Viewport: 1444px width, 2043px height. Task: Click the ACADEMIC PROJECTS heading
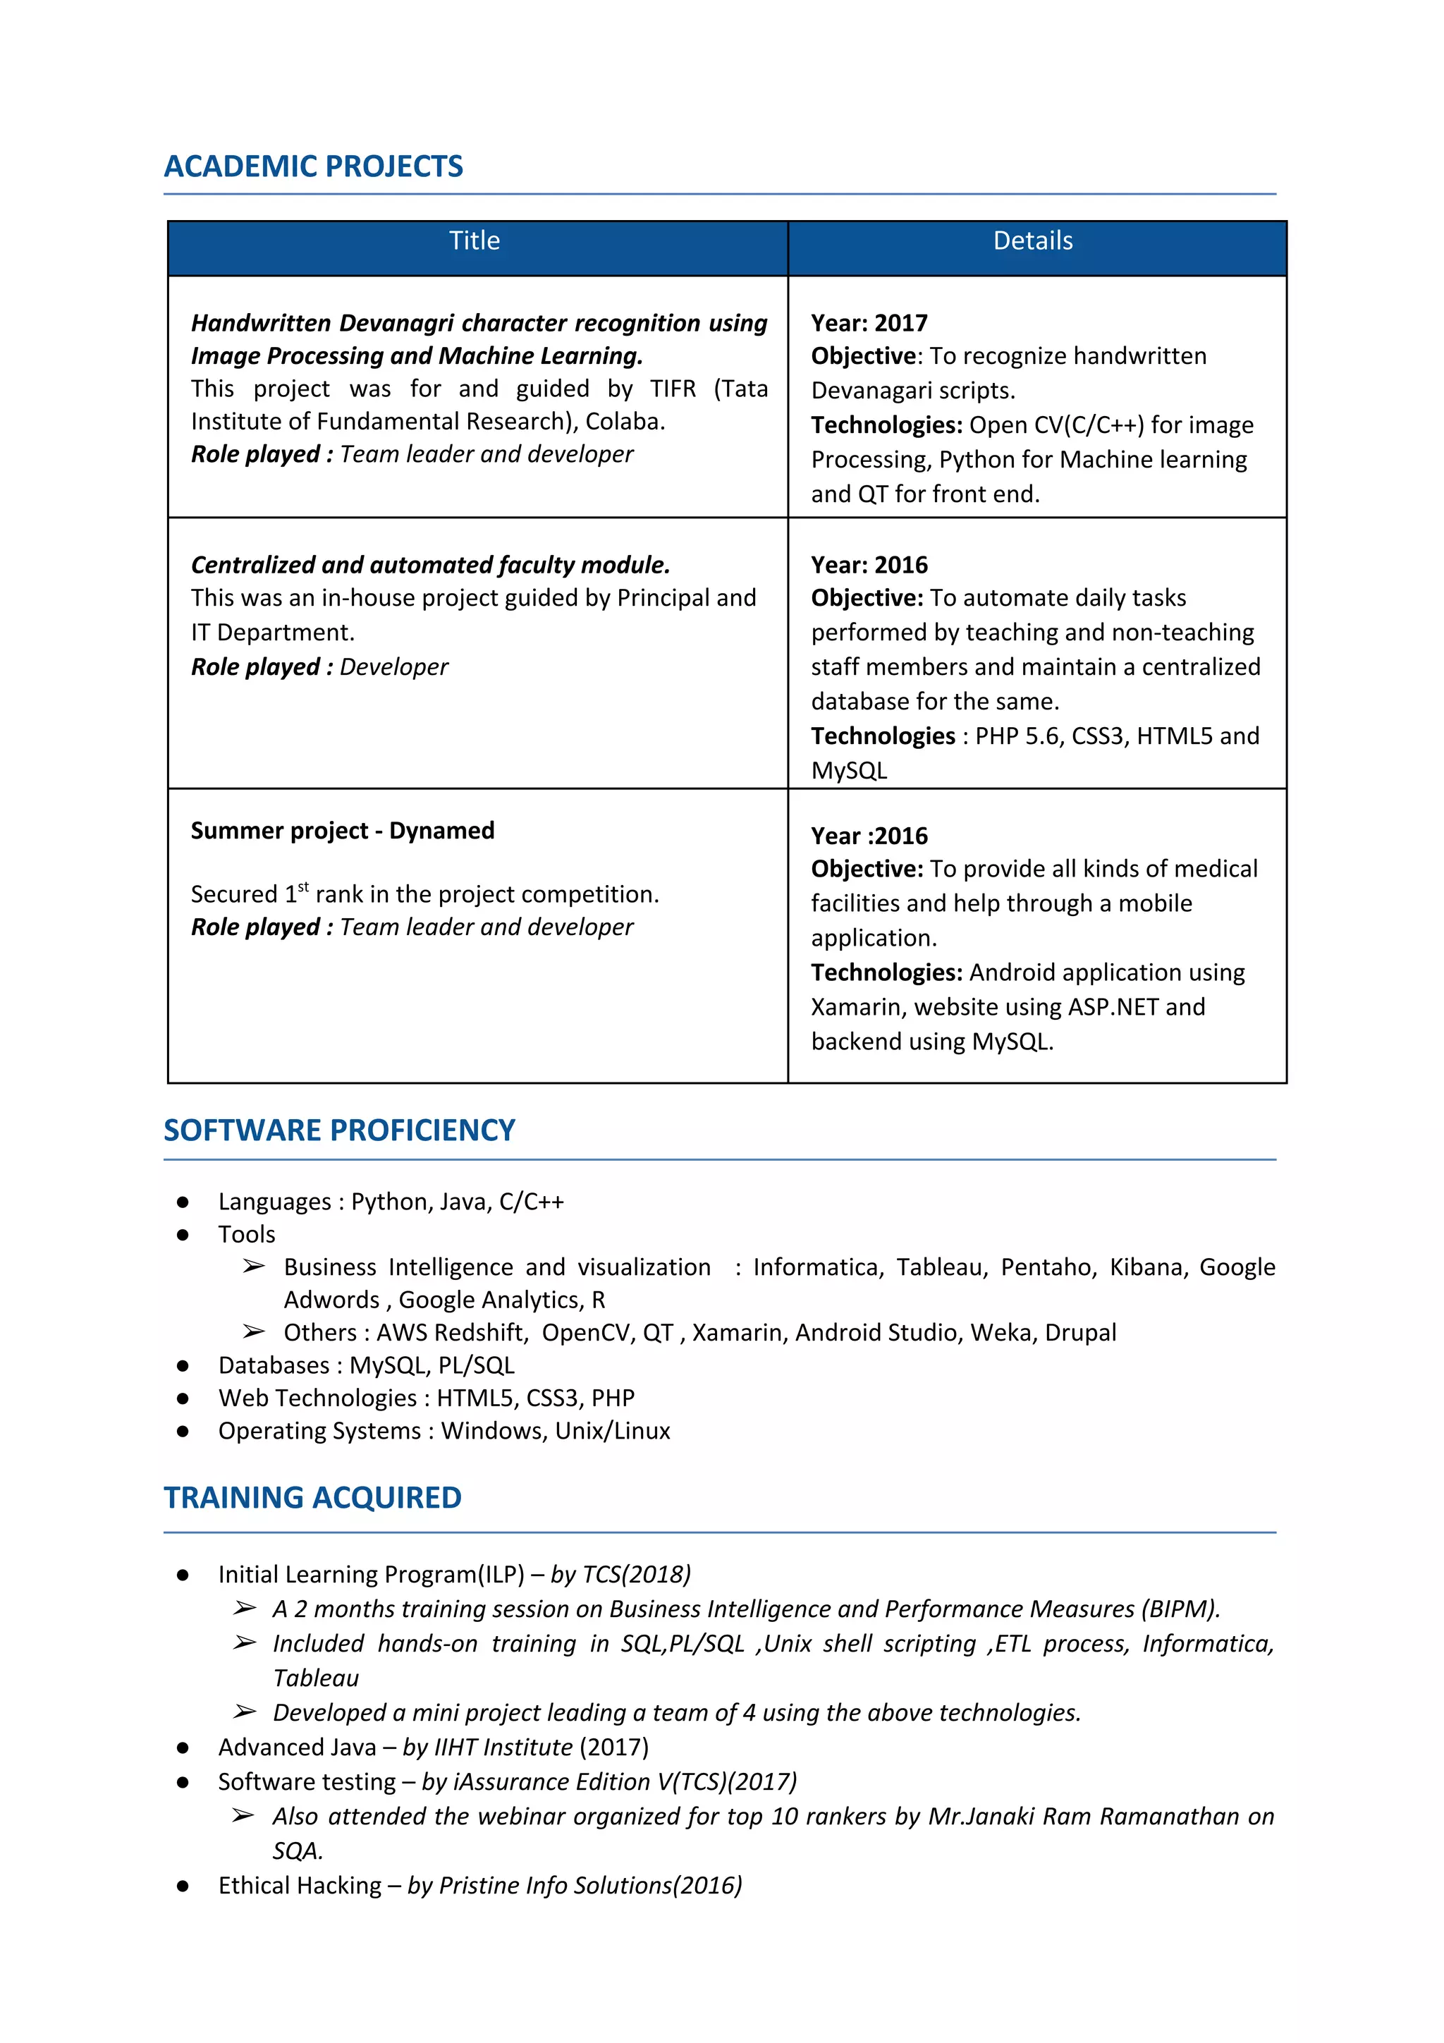[313, 166]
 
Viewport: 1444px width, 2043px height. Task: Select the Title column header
[475, 241]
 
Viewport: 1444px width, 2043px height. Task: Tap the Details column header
[1032, 241]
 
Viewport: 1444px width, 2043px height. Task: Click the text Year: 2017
[869, 323]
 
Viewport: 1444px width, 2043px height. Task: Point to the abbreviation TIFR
[673, 389]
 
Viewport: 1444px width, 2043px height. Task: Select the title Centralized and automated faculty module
[431, 565]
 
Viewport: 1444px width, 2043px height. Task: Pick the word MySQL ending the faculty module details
[849, 771]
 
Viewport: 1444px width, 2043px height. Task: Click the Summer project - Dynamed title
[343, 830]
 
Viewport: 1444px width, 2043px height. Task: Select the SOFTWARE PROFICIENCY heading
[339, 1130]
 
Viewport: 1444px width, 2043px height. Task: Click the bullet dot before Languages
[183, 1202]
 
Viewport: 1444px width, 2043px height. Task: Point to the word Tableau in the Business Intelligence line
[941, 1267]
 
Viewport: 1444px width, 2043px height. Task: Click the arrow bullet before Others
[254, 1332]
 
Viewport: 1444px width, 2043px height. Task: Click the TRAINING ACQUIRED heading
[312, 1498]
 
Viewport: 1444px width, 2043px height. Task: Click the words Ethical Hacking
[300, 1886]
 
